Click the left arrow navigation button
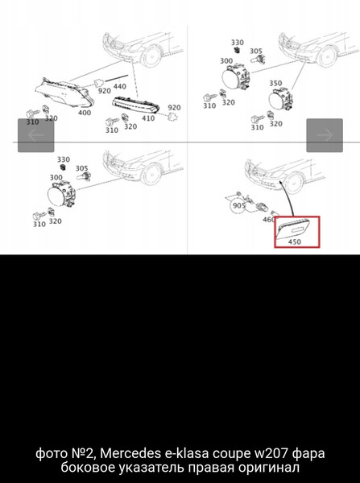[x=35, y=135]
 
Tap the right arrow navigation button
[x=325, y=135]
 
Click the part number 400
[x=85, y=113]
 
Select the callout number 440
[x=119, y=86]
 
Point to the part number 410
[x=148, y=118]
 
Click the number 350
[x=275, y=83]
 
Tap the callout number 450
[x=294, y=242]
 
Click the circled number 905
[x=239, y=206]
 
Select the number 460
[x=268, y=220]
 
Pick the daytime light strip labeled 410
[x=135, y=105]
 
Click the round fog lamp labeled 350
[x=280, y=99]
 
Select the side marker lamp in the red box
[x=296, y=229]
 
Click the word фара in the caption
[x=308, y=454]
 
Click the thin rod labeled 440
[x=117, y=78]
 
